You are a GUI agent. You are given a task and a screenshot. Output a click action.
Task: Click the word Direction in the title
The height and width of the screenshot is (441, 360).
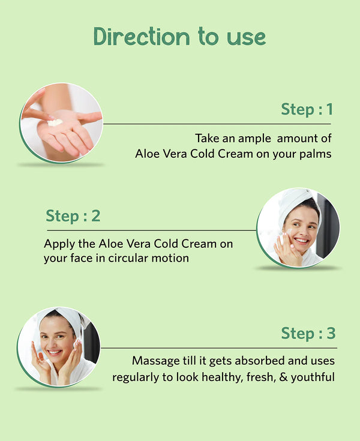tap(142, 37)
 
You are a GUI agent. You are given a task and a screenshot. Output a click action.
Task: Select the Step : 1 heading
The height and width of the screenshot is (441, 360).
tap(307, 110)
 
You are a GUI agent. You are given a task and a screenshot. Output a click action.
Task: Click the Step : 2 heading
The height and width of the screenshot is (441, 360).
tap(73, 216)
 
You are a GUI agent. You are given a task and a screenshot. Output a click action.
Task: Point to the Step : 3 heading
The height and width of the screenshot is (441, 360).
tap(308, 334)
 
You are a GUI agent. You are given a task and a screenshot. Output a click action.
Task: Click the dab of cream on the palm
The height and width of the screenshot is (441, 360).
tap(55, 122)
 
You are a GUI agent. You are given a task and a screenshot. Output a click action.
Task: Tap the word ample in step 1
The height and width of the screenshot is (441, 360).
tap(254, 139)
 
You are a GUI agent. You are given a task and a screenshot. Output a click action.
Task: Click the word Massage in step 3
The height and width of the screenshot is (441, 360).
tap(156, 361)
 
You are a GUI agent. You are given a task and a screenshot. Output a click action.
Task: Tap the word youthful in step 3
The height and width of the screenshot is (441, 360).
tap(313, 377)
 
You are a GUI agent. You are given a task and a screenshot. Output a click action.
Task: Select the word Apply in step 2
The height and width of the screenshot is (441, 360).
tap(59, 244)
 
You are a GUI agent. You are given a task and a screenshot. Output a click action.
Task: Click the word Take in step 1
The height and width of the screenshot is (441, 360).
tap(207, 139)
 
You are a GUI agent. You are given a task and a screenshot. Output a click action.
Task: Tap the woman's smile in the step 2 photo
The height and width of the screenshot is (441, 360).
tap(301, 241)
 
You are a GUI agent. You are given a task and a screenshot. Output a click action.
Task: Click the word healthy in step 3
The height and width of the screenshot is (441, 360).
tap(223, 377)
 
